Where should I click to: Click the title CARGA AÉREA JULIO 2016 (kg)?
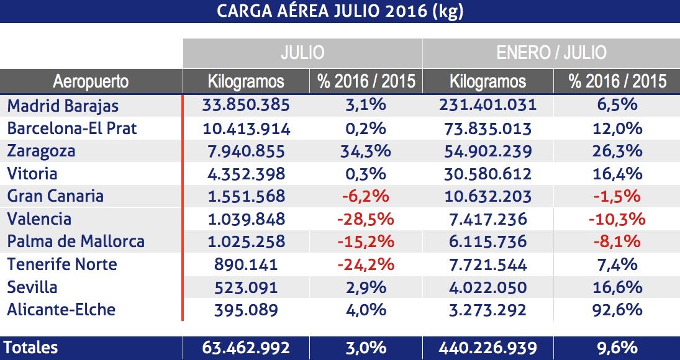(x=340, y=12)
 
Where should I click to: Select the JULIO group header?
(x=302, y=52)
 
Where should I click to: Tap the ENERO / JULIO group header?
(x=551, y=52)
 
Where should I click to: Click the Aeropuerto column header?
(x=91, y=81)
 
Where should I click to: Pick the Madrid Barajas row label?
(x=63, y=105)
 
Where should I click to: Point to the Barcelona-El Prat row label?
(x=72, y=128)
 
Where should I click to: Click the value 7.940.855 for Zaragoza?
(x=246, y=151)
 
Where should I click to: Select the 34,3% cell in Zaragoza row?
(x=365, y=151)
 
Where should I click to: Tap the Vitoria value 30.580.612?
(x=487, y=174)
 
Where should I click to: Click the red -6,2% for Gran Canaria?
(x=365, y=196)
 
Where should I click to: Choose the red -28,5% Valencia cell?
(x=365, y=219)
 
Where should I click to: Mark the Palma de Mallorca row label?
(x=76, y=241)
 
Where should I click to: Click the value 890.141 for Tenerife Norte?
(x=246, y=264)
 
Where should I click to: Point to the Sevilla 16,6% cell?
(x=612, y=287)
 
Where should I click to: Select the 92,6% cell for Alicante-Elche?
(x=612, y=309)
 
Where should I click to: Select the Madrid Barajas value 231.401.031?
(x=487, y=105)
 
